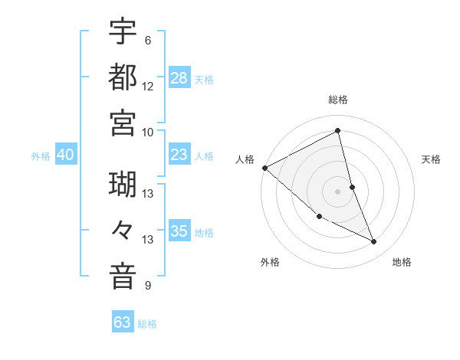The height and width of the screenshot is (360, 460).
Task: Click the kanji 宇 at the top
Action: tap(123, 31)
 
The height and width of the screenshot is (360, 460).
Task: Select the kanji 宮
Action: tap(123, 123)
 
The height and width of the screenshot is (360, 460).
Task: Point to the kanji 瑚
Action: tap(123, 185)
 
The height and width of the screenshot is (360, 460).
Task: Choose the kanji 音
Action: tap(123, 277)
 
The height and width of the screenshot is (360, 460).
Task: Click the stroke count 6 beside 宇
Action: tap(147, 41)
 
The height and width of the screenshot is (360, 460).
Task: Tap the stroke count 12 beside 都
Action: tap(147, 87)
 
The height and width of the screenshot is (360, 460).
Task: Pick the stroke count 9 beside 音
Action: tap(147, 286)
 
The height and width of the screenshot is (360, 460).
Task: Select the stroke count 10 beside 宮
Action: tap(147, 132)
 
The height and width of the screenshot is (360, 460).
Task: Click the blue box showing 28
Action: tap(179, 78)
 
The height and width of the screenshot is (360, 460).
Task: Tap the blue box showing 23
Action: tap(179, 155)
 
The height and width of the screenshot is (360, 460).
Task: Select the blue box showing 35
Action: tap(179, 231)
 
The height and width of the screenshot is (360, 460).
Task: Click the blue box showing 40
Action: tap(66, 155)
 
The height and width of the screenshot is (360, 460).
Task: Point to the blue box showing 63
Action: tap(123, 322)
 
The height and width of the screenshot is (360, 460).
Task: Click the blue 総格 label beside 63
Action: tap(147, 324)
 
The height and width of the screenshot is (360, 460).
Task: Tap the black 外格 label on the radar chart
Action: tap(270, 262)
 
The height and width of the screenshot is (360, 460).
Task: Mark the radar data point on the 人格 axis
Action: tap(264, 168)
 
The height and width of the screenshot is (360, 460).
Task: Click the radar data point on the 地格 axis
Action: tap(374, 242)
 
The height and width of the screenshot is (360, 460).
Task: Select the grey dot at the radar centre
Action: tap(337, 191)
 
